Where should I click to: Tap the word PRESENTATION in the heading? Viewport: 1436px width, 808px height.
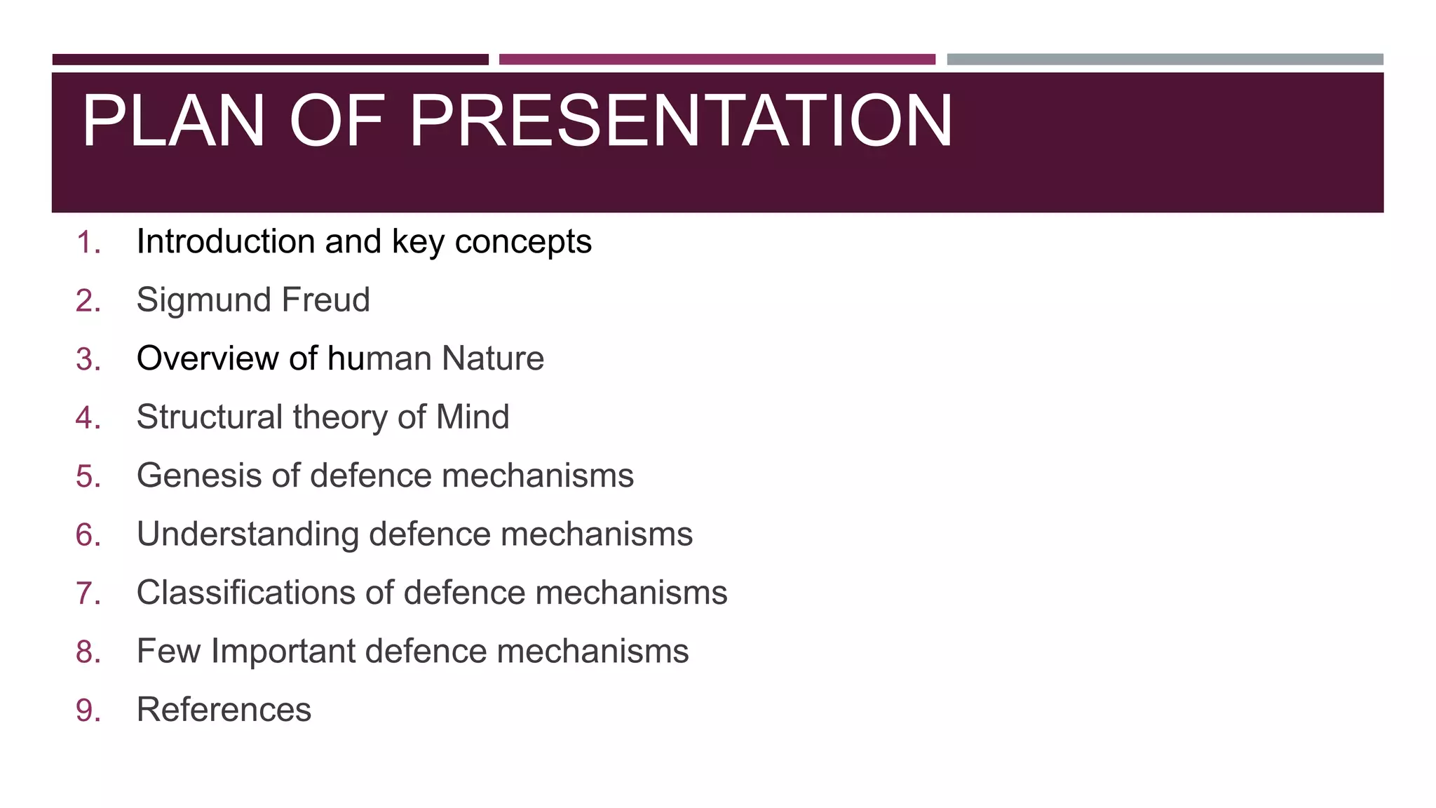pos(680,121)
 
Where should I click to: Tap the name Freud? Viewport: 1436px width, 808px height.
pos(325,300)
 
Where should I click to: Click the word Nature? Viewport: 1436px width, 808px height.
pos(493,358)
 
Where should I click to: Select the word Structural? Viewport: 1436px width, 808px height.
pos(210,417)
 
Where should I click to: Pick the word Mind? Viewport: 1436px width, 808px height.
pos(473,417)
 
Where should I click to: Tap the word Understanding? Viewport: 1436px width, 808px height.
pos(248,535)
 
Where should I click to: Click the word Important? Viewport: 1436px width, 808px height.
pos(284,652)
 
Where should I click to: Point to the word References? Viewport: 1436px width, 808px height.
pos(224,710)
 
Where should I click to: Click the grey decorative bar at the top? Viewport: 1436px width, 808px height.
pos(1165,60)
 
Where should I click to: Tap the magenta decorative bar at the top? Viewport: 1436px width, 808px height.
pos(717,60)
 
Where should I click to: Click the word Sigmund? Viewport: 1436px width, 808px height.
pos(204,301)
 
